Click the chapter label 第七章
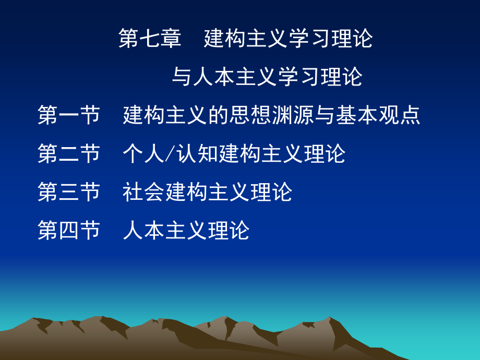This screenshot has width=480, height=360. tap(150, 39)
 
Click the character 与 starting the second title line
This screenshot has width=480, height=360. tap(182, 77)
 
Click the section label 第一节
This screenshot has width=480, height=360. tap(68, 115)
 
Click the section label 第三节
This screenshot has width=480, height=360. tap(68, 192)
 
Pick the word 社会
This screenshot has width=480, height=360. tap(143, 192)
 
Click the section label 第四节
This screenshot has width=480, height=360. tap(68, 230)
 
